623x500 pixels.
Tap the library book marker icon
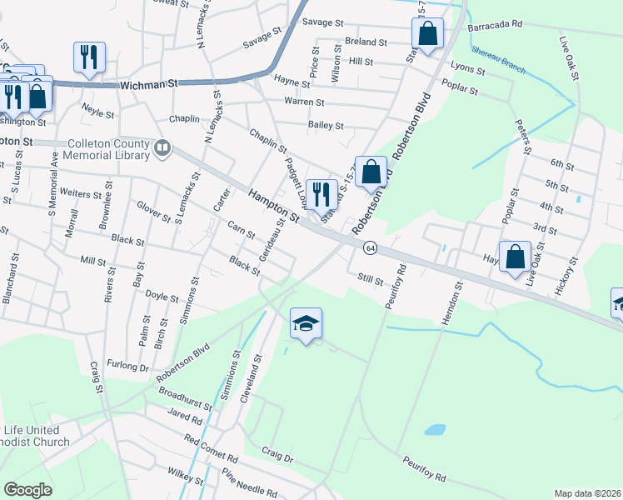[x=162, y=150]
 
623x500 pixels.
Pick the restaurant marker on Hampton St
[x=321, y=195]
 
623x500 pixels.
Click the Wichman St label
[x=150, y=85]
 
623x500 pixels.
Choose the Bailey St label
[x=326, y=125]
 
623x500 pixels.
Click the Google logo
[x=27, y=490]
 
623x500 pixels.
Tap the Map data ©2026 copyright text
[x=587, y=493]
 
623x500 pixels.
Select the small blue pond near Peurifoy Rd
[x=434, y=430]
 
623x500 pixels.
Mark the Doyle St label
[x=162, y=297]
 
